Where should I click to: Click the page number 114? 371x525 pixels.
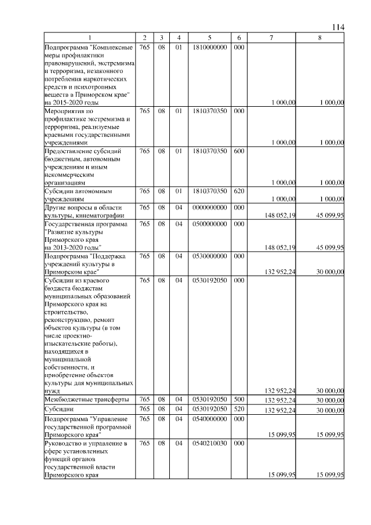point(339,27)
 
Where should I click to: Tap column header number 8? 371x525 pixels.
point(320,38)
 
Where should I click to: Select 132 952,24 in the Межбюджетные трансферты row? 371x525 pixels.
point(280,400)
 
